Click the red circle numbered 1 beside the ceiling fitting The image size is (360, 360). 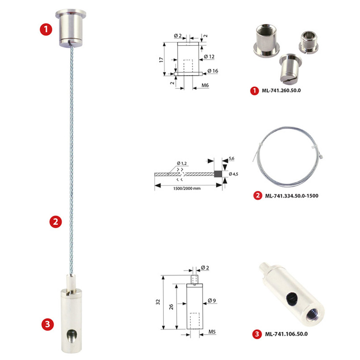46,30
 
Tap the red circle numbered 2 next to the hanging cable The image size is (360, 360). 55,221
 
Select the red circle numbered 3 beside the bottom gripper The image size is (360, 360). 47,324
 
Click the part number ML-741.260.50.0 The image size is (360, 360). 281,90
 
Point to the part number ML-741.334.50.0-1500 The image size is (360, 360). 292,196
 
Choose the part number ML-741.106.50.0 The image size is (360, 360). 286,334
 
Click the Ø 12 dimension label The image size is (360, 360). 209,56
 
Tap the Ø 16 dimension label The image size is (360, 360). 213,71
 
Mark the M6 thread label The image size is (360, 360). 205,85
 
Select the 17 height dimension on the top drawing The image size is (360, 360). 161,59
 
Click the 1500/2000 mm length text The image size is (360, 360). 186,188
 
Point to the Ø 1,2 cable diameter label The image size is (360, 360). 182,163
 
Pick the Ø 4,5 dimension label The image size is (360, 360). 233,174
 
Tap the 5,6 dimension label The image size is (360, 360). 232,158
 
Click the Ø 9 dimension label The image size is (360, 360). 212,301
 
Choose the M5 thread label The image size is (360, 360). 212,332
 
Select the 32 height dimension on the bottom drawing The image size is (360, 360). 158,302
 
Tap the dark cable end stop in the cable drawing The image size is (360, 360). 218,174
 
